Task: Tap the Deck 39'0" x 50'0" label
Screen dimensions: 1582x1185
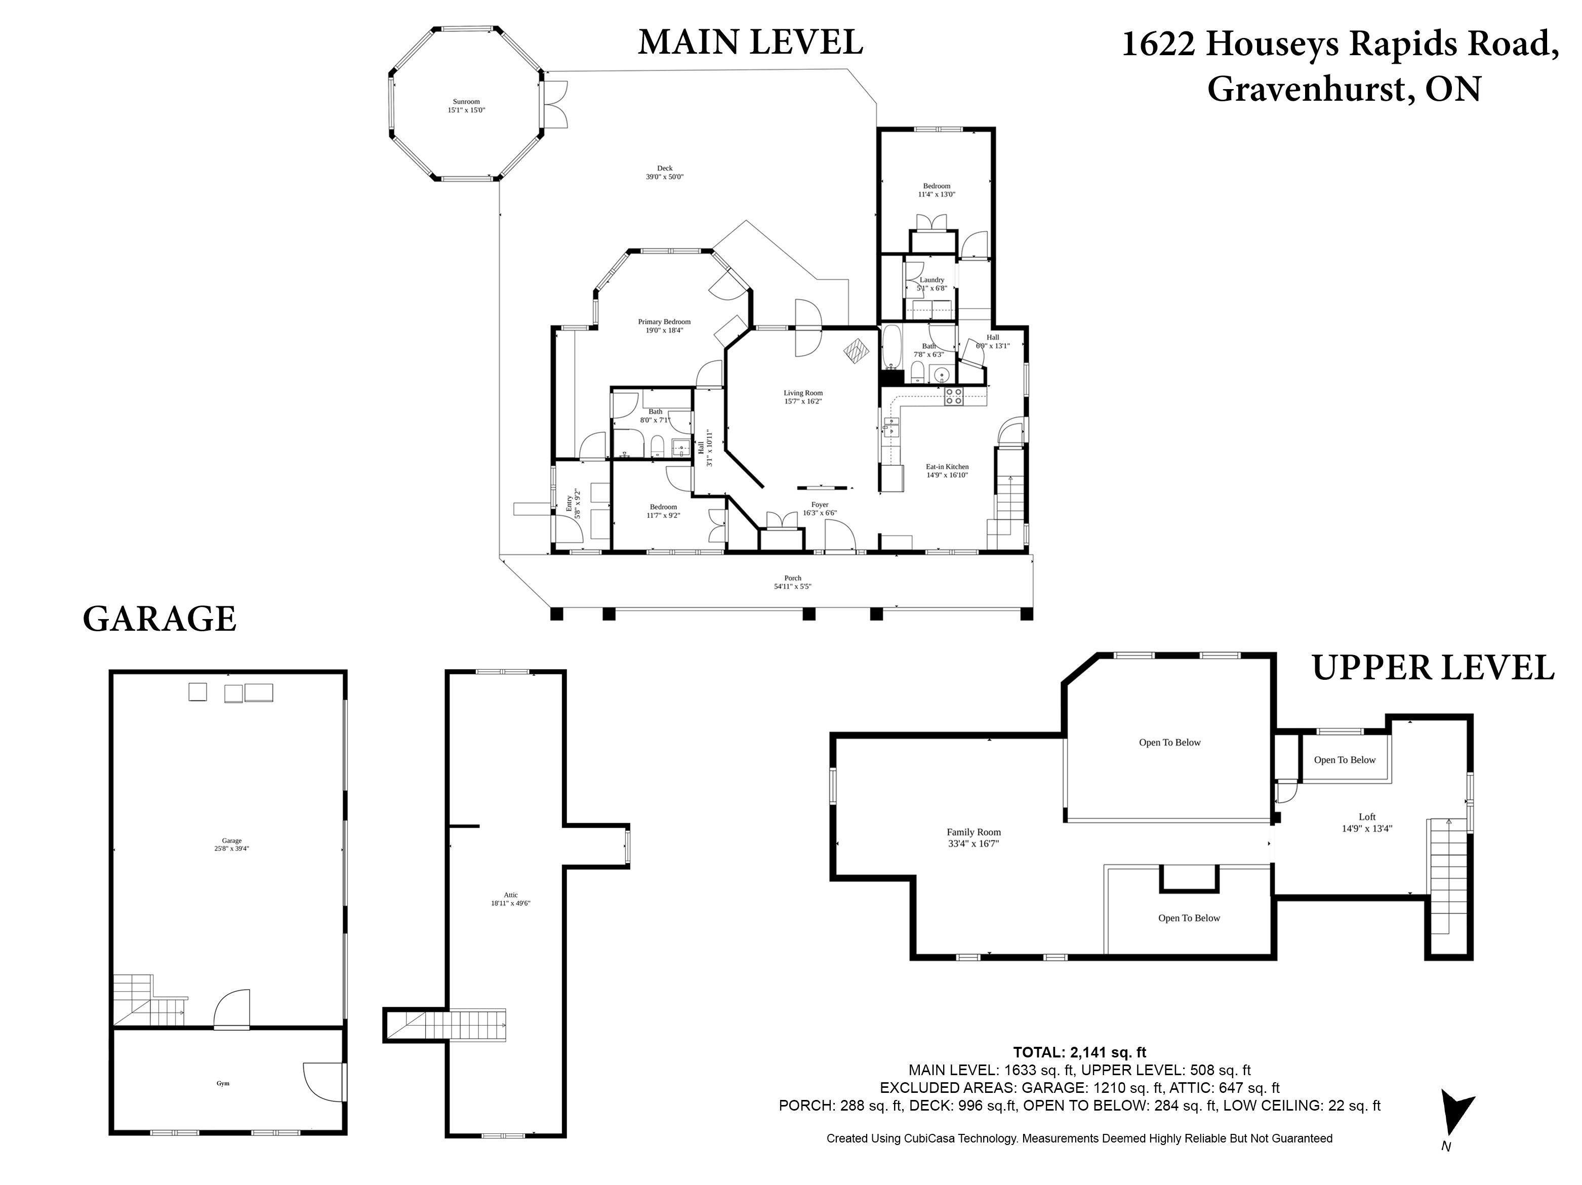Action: (664, 172)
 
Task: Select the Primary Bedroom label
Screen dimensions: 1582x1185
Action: (664, 326)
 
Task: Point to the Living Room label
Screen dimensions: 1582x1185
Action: (803, 397)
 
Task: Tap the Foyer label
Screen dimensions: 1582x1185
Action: (820, 508)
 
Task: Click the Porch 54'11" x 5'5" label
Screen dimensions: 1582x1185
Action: (792, 582)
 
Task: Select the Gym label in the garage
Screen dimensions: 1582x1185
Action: (223, 1083)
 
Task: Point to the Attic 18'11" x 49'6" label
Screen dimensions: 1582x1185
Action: (511, 899)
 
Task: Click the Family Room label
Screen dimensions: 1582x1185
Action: (973, 837)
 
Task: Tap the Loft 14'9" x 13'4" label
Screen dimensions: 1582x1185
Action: (1367, 823)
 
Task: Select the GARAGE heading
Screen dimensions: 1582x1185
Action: (159, 619)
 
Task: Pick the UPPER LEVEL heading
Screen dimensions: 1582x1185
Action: (1433, 668)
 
